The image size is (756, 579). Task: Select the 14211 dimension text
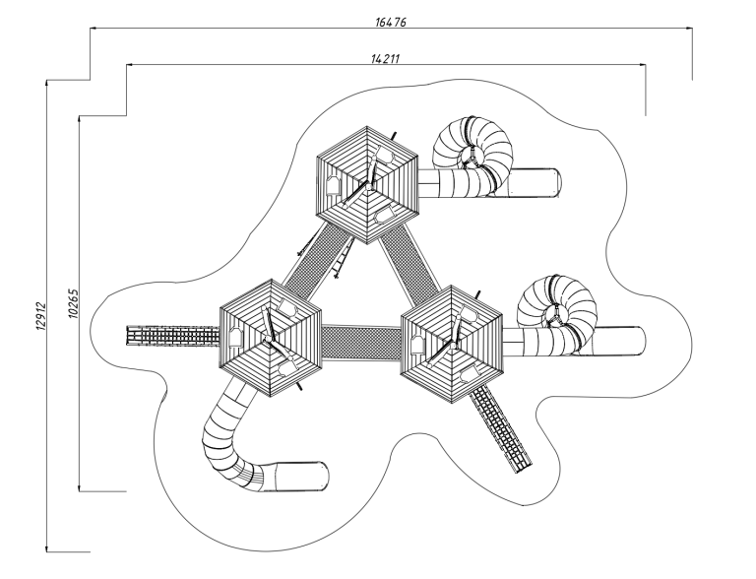pyautogui.click(x=386, y=58)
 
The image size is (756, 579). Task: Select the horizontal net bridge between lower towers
pyautogui.click(x=361, y=342)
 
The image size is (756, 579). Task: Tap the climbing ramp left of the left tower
pyautogui.click(x=171, y=336)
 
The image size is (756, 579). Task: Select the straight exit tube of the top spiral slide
pyautogui.click(x=535, y=181)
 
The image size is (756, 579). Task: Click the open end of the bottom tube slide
pyautogui.click(x=323, y=476)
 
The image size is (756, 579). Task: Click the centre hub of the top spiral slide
pyautogui.click(x=475, y=157)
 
